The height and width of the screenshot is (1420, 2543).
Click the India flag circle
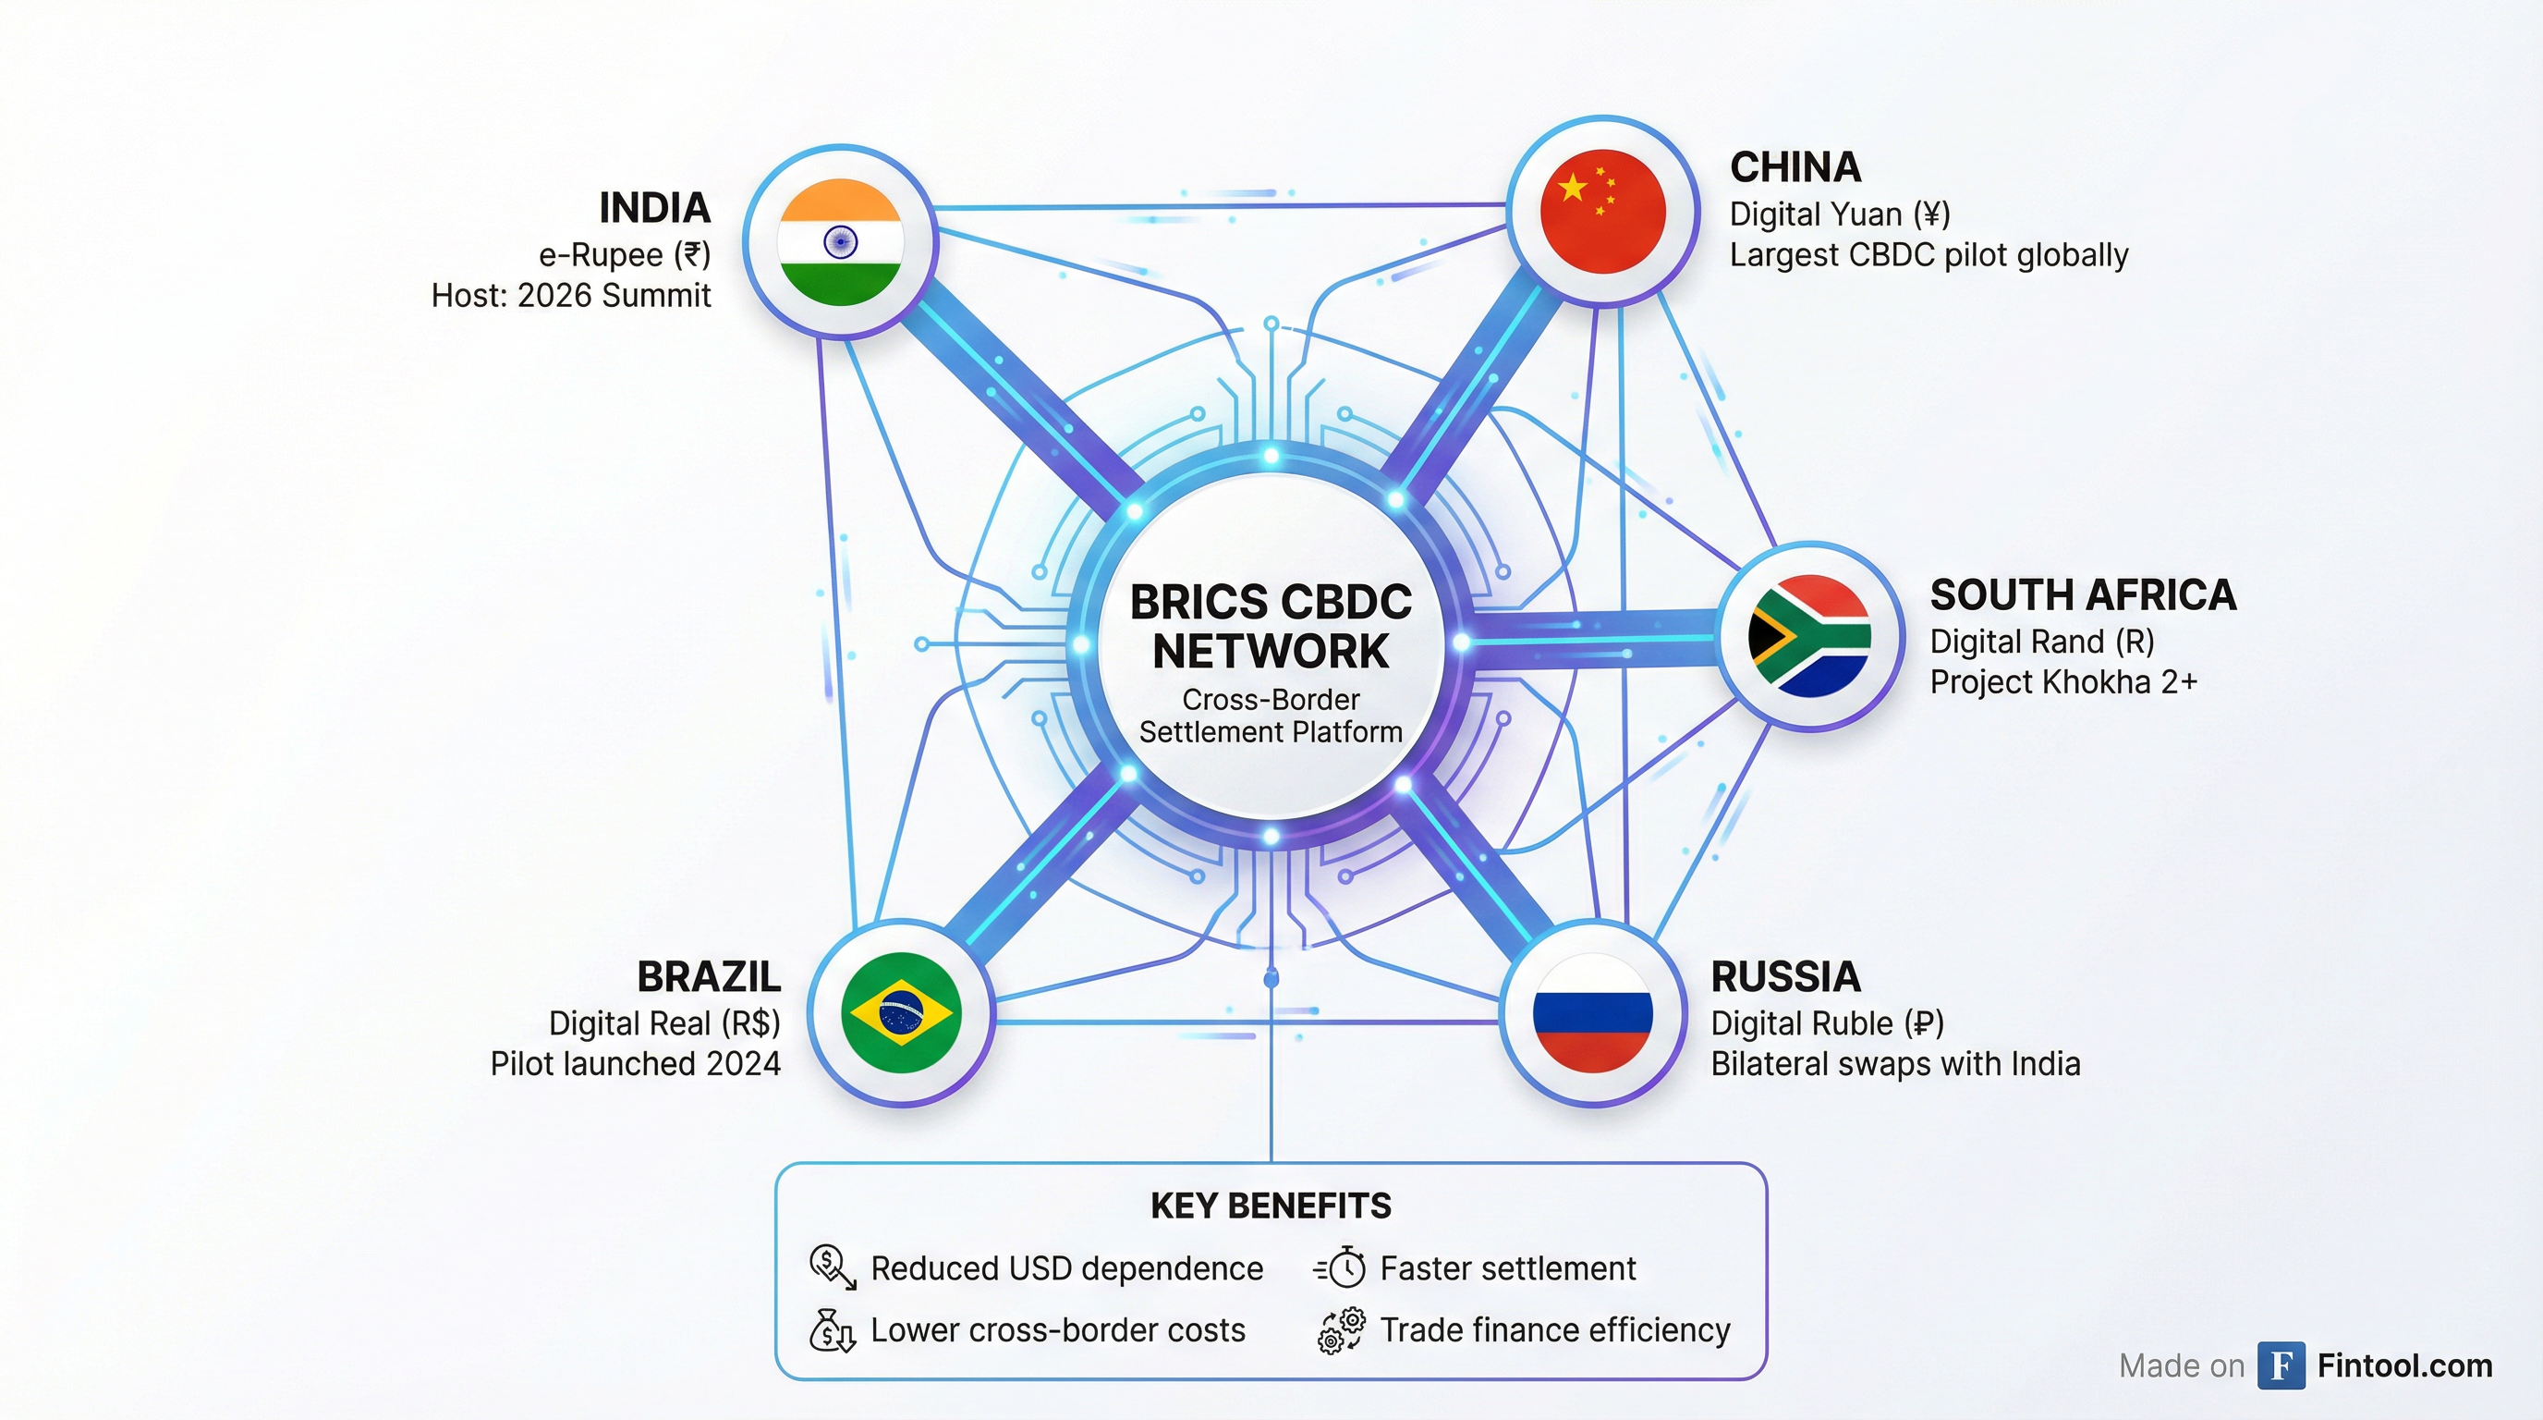(840, 242)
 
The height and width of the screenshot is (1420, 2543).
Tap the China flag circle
(1603, 212)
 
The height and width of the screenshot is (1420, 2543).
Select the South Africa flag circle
(1809, 636)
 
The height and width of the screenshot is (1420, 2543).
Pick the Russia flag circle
(1592, 1013)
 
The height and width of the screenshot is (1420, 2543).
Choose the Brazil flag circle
(901, 1012)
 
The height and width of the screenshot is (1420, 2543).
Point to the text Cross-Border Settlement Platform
(1271, 716)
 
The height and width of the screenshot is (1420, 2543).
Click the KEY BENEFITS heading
(1271, 1206)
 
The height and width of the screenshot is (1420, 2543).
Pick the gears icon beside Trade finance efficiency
(1342, 1330)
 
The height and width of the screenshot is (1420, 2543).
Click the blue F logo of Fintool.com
(2281, 1365)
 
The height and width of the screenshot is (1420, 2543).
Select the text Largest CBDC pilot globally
(1928, 255)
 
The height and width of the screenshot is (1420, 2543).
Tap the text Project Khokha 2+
(2063, 682)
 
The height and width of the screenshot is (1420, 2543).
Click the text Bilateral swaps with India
(1895, 1063)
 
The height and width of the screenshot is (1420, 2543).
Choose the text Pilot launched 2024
(636, 1063)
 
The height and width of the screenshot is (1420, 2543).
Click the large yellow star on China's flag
(1573, 187)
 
